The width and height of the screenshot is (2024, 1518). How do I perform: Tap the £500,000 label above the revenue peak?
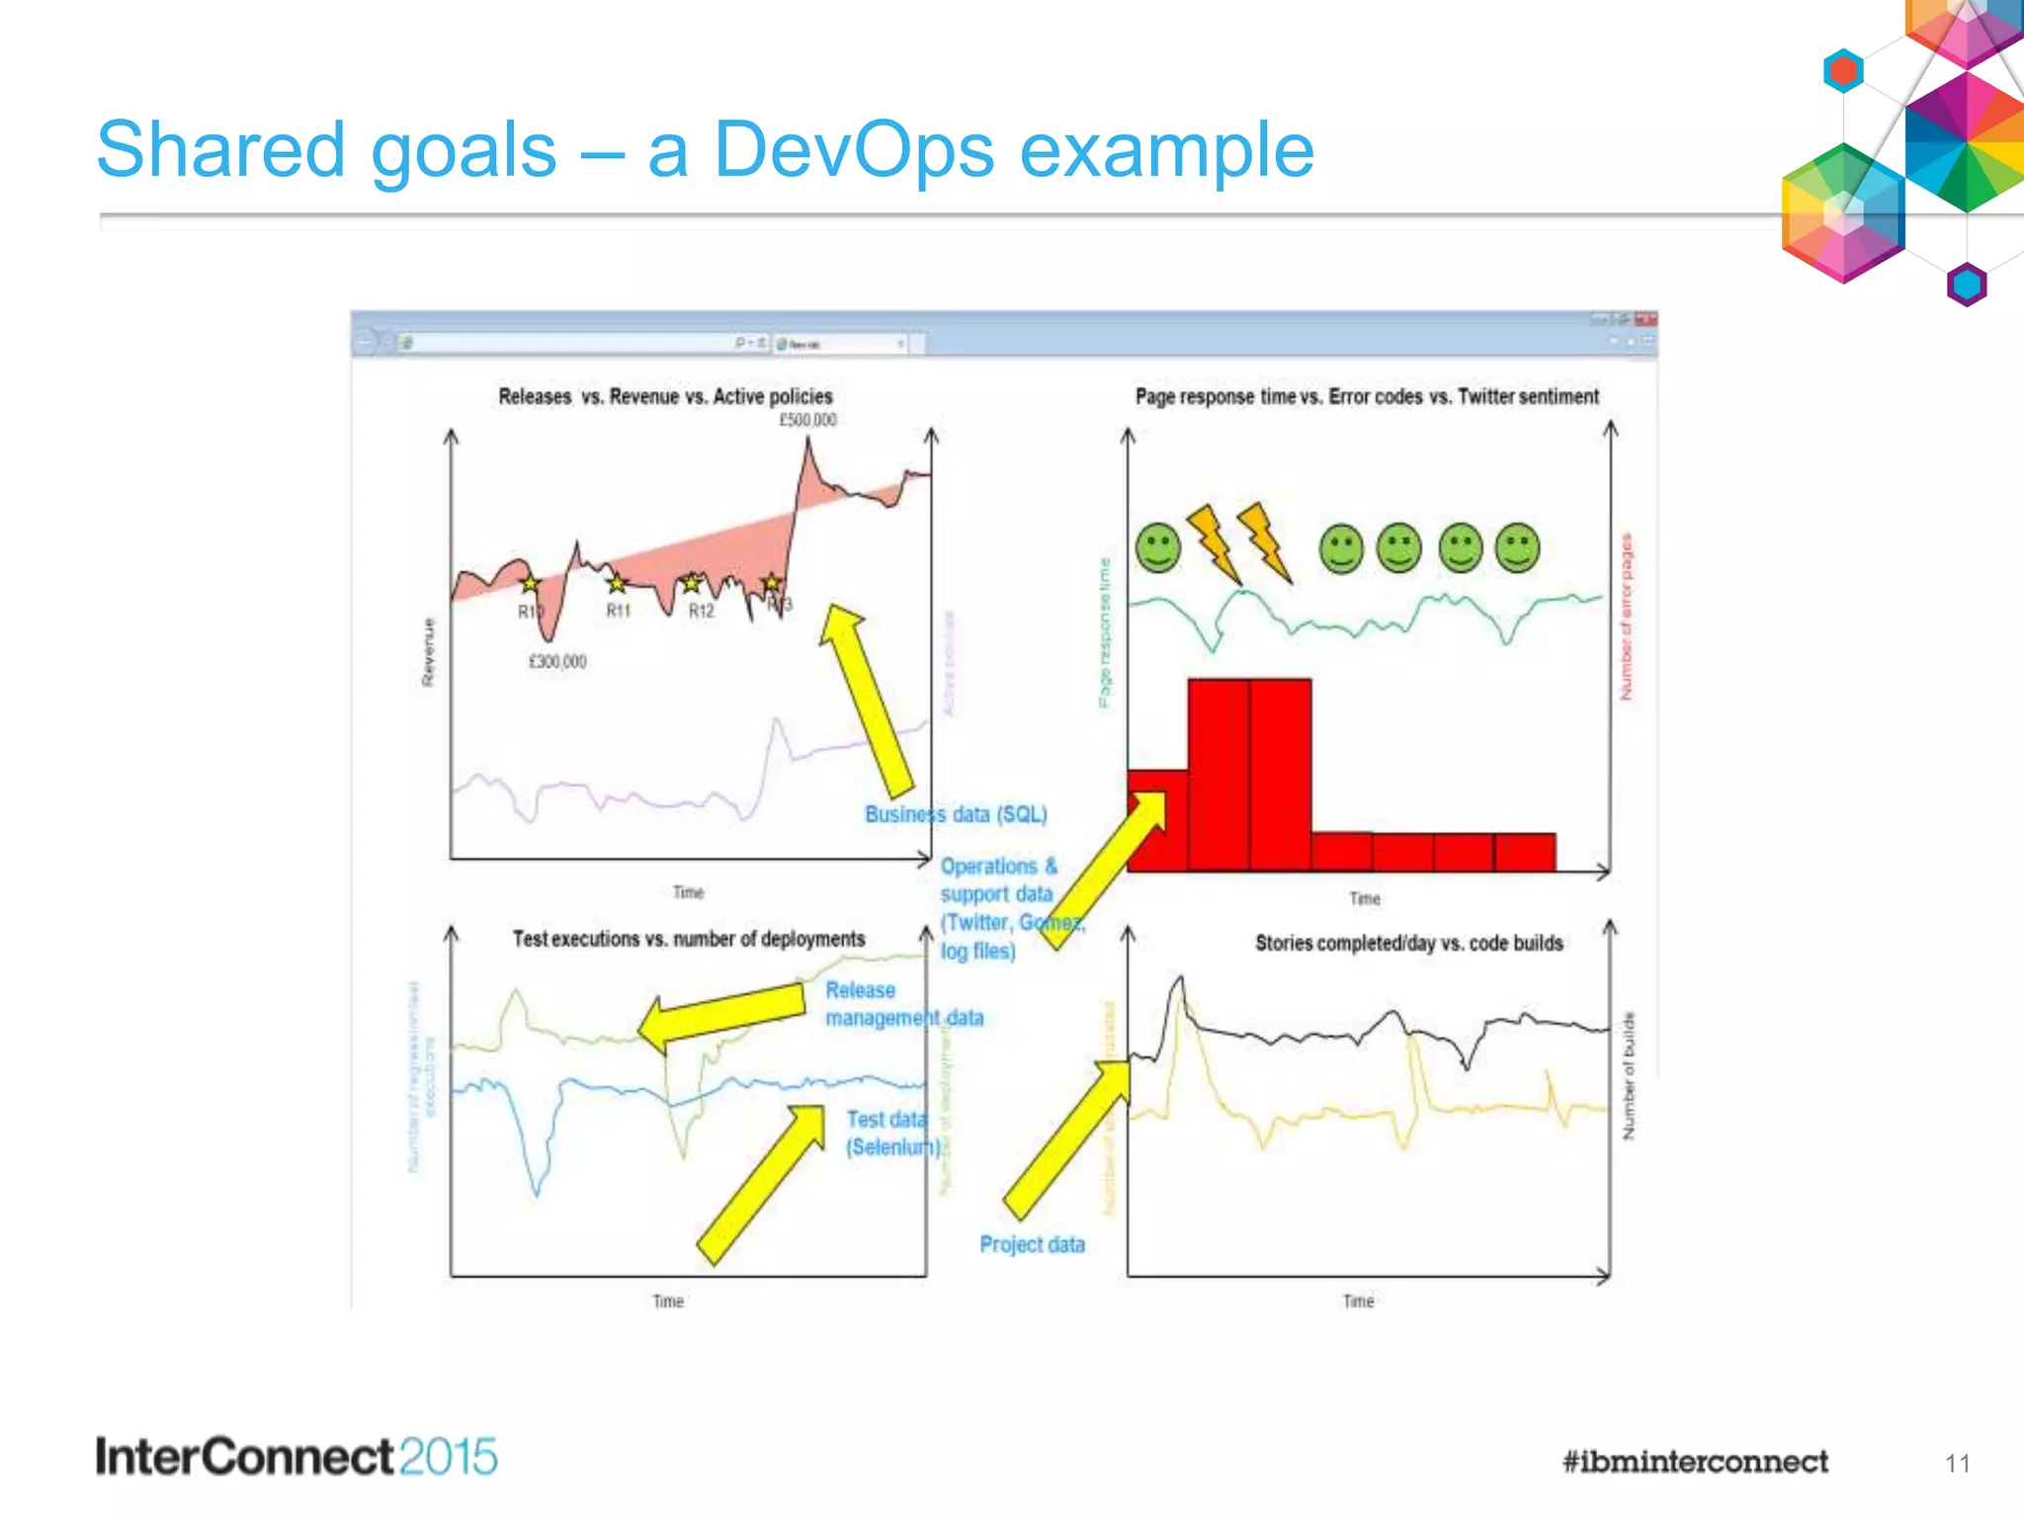807,420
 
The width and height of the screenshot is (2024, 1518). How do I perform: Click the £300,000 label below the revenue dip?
557,661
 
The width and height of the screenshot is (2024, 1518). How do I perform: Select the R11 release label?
618,611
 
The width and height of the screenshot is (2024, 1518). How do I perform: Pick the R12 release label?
701,611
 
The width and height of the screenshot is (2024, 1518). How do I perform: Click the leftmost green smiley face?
1158,548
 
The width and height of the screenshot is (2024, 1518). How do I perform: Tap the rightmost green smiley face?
1518,548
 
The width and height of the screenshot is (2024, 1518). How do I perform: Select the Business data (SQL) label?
956,814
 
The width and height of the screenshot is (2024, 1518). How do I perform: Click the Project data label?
1032,1244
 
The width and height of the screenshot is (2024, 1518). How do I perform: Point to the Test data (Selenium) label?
889,1133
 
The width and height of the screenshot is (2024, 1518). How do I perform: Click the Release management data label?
903,1003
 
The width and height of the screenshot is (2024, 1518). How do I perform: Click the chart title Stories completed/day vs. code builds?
1408,943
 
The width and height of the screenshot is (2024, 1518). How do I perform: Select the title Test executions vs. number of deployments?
688,939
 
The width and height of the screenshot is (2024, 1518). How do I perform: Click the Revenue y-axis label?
428,652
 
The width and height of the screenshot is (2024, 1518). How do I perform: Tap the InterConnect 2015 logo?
296,1458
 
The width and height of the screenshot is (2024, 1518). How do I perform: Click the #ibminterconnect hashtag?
1695,1462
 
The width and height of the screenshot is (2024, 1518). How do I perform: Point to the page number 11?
1957,1464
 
